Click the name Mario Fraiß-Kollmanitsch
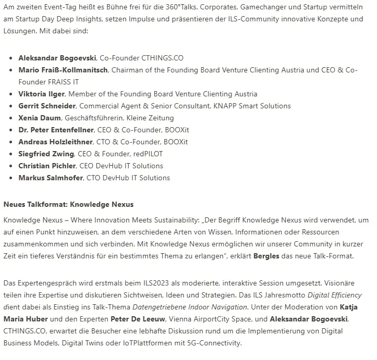[63, 70]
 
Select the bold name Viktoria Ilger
[42, 94]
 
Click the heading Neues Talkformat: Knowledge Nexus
[68, 204]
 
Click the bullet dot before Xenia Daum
[10, 118]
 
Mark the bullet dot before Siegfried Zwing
[10, 154]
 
